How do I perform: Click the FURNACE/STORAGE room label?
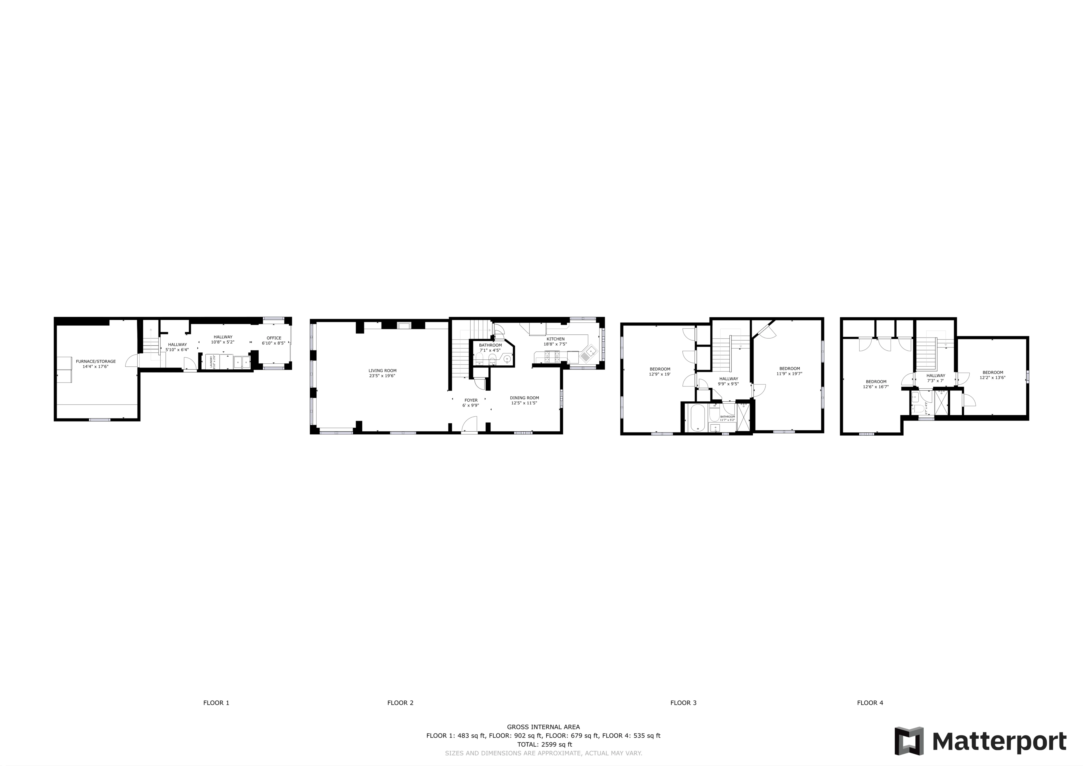(x=96, y=361)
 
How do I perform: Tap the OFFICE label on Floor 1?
(x=274, y=338)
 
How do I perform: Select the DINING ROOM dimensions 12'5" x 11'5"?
(x=524, y=403)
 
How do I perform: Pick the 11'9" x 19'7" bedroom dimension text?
(x=789, y=374)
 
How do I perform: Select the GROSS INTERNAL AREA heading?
(x=543, y=727)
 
